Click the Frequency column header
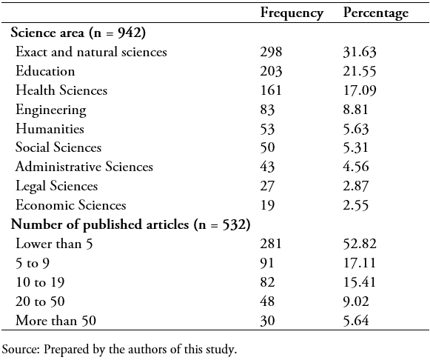pyautogui.click(x=292, y=13)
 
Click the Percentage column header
pyautogui.click(x=376, y=13)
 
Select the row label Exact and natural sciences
pyautogui.click(x=91, y=52)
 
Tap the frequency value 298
pyautogui.click(x=271, y=52)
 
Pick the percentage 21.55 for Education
pyautogui.click(x=360, y=71)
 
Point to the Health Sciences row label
pyautogui.click(x=61, y=90)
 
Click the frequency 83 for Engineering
pyautogui.click(x=267, y=110)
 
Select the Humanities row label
pyautogui.click(x=50, y=128)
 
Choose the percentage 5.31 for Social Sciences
pyautogui.click(x=355, y=147)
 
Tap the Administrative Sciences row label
pyautogui.click(x=84, y=167)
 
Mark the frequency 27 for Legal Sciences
pyautogui.click(x=267, y=186)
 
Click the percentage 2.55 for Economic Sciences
pyautogui.click(x=356, y=205)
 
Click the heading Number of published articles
pyautogui.click(x=100, y=224)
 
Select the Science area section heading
pyautogui.click(x=47, y=33)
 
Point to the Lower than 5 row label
pyautogui.click(x=54, y=244)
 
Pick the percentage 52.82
pyautogui.click(x=360, y=244)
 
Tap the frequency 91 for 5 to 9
pyautogui.click(x=267, y=263)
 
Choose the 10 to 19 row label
pyautogui.click(x=40, y=282)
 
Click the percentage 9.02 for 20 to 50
pyautogui.click(x=356, y=301)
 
